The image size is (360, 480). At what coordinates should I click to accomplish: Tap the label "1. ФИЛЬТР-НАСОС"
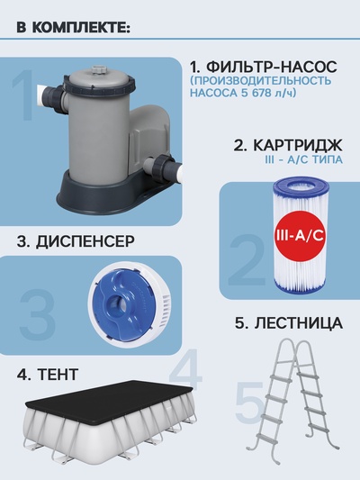(264, 67)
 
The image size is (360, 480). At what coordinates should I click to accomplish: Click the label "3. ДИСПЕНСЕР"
(76, 240)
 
